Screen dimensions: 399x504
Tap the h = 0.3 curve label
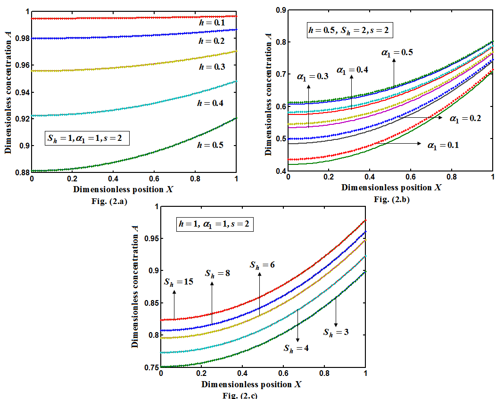click(211, 67)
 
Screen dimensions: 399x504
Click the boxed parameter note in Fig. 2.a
click(87, 139)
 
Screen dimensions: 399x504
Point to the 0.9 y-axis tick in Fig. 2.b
click(281, 10)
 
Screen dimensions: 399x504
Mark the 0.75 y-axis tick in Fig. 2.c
click(151, 367)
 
